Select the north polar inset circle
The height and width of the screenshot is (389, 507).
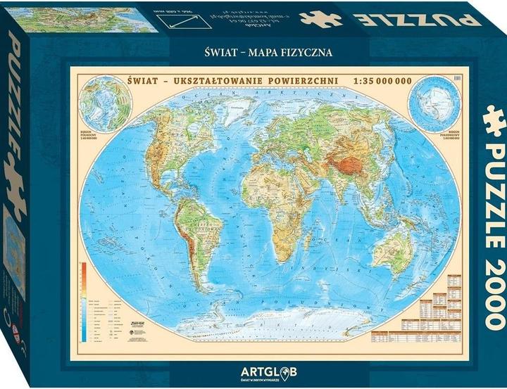[x=103, y=108]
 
